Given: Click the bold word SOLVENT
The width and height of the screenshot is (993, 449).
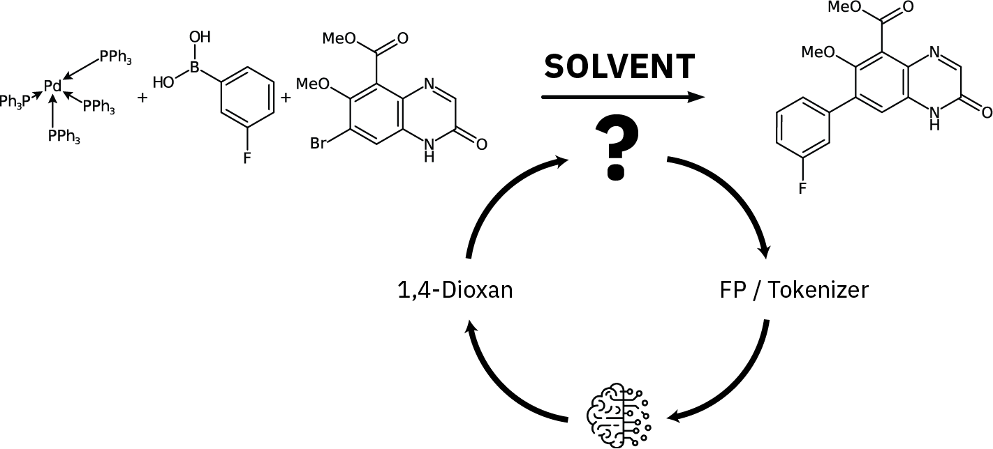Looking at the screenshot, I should tap(619, 67).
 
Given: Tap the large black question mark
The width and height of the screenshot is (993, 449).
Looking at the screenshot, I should tap(615, 148).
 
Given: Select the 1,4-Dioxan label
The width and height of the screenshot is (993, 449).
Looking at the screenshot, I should tap(454, 289).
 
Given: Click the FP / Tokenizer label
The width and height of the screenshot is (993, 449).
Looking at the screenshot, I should tap(794, 289).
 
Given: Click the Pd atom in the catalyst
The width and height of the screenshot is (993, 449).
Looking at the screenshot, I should tap(52, 86).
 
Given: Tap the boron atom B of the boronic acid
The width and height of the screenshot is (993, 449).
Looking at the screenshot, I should tap(196, 68).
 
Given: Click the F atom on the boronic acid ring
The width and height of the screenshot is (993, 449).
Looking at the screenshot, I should tap(247, 158).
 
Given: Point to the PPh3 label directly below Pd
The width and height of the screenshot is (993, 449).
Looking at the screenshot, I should tap(64, 137).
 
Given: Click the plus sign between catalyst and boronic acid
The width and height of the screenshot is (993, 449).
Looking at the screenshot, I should tap(143, 98).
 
